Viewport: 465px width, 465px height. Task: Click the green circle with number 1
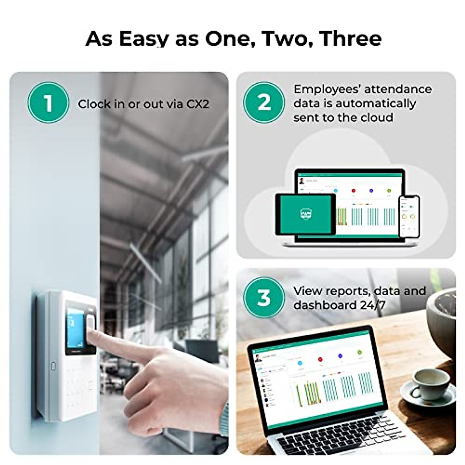48,103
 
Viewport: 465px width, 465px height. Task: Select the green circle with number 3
264,298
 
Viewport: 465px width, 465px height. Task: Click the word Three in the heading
351,38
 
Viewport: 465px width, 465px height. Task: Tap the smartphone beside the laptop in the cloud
409,217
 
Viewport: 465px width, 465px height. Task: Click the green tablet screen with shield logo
305,214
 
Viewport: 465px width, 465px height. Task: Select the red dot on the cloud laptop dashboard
353,191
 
